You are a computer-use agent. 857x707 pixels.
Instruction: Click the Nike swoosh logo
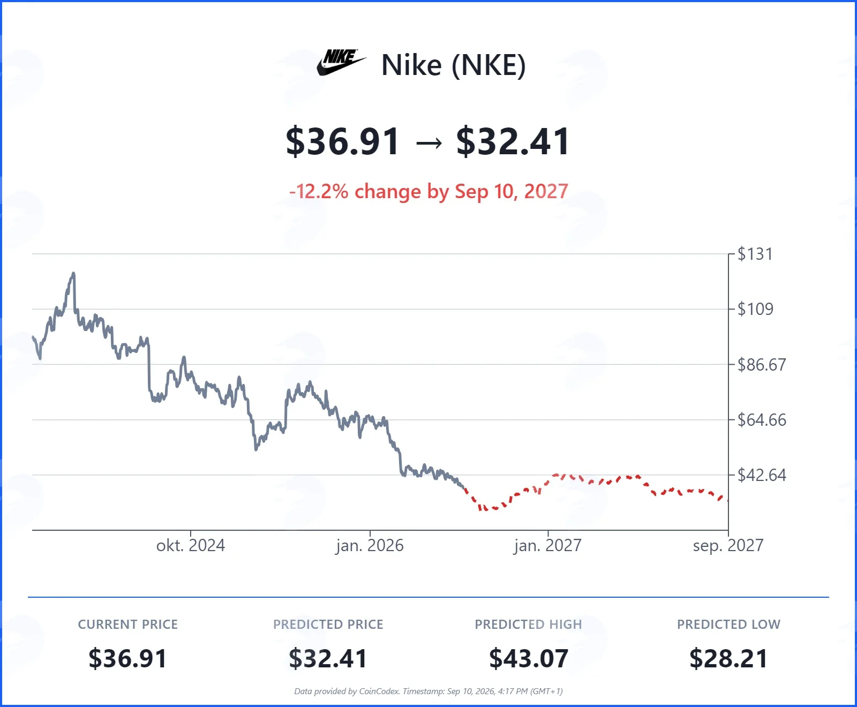pyautogui.click(x=341, y=63)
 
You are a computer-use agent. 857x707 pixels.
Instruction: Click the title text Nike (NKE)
pyautogui.click(x=454, y=65)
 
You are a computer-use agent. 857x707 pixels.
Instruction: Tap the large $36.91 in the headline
pyautogui.click(x=343, y=142)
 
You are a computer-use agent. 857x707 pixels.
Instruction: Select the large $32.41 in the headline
pyautogui.click(x=513, y=142)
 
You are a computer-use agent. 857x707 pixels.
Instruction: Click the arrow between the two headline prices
pyautogui.click(x=428, y=143)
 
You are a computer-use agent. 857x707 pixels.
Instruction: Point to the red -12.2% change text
pyautogui.click(x=428, y=191)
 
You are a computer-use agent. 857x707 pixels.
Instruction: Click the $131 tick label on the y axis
pyautogui.click(x=755, y=254)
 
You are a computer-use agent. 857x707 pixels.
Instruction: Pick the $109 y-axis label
pyautogui.click(x=755, y=309)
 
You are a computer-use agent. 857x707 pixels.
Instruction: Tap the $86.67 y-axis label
pyautogui.click(x=762, y=365)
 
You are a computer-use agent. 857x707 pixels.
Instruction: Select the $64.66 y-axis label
pyautogui.click(x=762, y=420)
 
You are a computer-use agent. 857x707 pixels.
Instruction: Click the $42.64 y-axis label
pyautogui.click(x=762, y=475)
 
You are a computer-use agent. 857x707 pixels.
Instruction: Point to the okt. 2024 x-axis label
pyautogui.click(x=191, y=546)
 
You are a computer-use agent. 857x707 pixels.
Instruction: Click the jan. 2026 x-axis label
pyautogui.click(x=370, y=546)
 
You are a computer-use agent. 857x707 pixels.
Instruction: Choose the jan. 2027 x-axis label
pyautogui.click(x=547, y=546)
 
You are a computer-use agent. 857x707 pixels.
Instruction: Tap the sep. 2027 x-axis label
pyautogui.click(x=728, y=546)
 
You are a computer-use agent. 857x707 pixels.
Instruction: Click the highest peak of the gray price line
pyautogui.click(x=73, y=273)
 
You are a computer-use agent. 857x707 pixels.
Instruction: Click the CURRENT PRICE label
pyautogui.click(x=128, y=625)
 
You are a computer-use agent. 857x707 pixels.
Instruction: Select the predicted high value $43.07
pyautogui.click(x=529, y=659)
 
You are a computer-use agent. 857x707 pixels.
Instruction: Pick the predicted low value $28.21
pyautogui.click(x=728, y=659)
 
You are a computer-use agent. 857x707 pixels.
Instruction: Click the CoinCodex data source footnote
pyautogui.click(x=428, y=691)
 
